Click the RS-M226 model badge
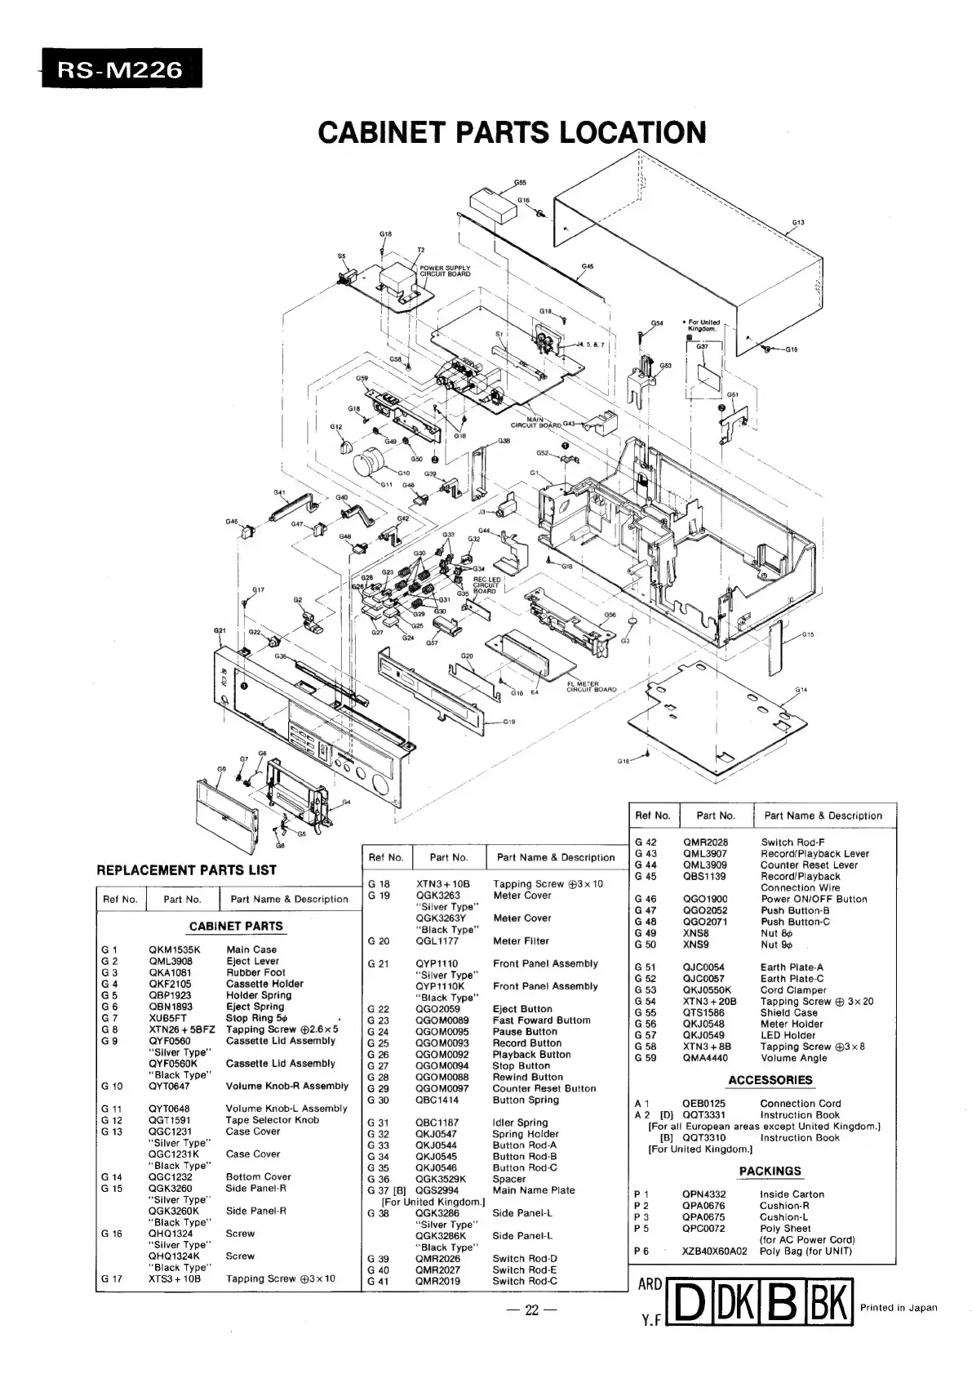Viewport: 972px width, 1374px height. pos(118,69)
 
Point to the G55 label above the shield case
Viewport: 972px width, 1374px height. pos(520,182)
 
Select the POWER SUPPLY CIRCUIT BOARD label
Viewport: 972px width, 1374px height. pos(445,271)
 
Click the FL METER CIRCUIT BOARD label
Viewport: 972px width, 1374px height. pos(591,686)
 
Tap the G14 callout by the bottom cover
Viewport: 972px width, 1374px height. pos(801,690)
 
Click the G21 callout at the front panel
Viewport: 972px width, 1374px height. pos(219,630)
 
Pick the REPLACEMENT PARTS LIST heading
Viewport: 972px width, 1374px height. pos(186,870)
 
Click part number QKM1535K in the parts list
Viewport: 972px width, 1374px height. pos(174,949)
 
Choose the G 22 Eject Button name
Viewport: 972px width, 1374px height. pos(522,1009)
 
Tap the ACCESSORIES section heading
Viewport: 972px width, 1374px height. pos(770,1080)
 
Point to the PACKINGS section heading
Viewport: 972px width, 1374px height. pos(770,1171)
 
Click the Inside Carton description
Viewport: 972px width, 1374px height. pos(792,1194)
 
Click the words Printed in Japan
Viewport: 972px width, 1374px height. pos(899,1307)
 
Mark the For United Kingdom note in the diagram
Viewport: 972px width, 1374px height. pos(703,326)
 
